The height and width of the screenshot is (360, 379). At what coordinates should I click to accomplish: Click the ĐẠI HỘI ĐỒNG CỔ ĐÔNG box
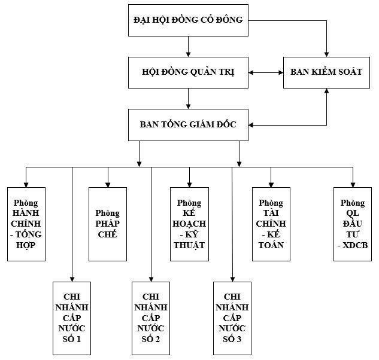[188, 20]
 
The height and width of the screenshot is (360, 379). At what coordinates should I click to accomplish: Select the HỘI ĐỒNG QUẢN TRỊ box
[188, 72]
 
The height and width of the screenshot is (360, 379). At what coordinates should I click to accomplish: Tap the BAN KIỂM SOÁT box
[326, 72]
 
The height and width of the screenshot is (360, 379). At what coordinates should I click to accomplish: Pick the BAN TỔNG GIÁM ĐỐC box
[188, 125]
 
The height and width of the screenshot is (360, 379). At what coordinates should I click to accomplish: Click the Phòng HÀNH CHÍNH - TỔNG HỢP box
[26, 224]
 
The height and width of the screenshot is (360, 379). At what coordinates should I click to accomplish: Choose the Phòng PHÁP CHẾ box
[108, 224]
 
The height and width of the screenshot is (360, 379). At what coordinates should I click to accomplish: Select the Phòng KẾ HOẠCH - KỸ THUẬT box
[189, 224]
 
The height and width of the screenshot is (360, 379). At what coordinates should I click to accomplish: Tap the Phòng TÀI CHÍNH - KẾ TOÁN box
[271, 224]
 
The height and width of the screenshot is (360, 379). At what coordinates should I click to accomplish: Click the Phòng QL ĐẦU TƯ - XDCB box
[353, 224]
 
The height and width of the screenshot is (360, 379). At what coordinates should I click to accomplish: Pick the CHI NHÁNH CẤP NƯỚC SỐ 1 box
[72, 318]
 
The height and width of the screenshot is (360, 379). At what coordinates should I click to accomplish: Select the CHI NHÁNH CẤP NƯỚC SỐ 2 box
[151, 318]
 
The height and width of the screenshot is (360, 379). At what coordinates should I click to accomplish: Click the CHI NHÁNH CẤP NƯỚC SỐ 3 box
[232, 318]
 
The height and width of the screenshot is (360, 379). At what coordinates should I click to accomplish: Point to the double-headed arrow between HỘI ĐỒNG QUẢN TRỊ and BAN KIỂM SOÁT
[266, 72]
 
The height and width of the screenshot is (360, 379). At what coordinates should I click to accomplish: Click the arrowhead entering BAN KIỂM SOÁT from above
[326, 54]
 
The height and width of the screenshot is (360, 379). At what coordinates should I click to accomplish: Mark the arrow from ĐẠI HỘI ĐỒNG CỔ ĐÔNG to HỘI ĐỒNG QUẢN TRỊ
[188, 47]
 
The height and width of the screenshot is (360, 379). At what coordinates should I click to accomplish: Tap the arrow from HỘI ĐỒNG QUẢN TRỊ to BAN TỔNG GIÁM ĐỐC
[188, 99]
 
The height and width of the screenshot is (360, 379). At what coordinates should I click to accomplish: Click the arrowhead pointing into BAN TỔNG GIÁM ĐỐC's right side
[251, 125]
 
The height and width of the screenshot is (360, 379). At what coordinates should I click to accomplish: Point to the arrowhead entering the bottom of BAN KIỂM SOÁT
[326, 91]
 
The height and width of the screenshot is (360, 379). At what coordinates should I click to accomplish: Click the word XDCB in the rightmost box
[355, 245]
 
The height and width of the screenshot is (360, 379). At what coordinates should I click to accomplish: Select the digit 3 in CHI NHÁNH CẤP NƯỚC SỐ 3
[239, 339]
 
